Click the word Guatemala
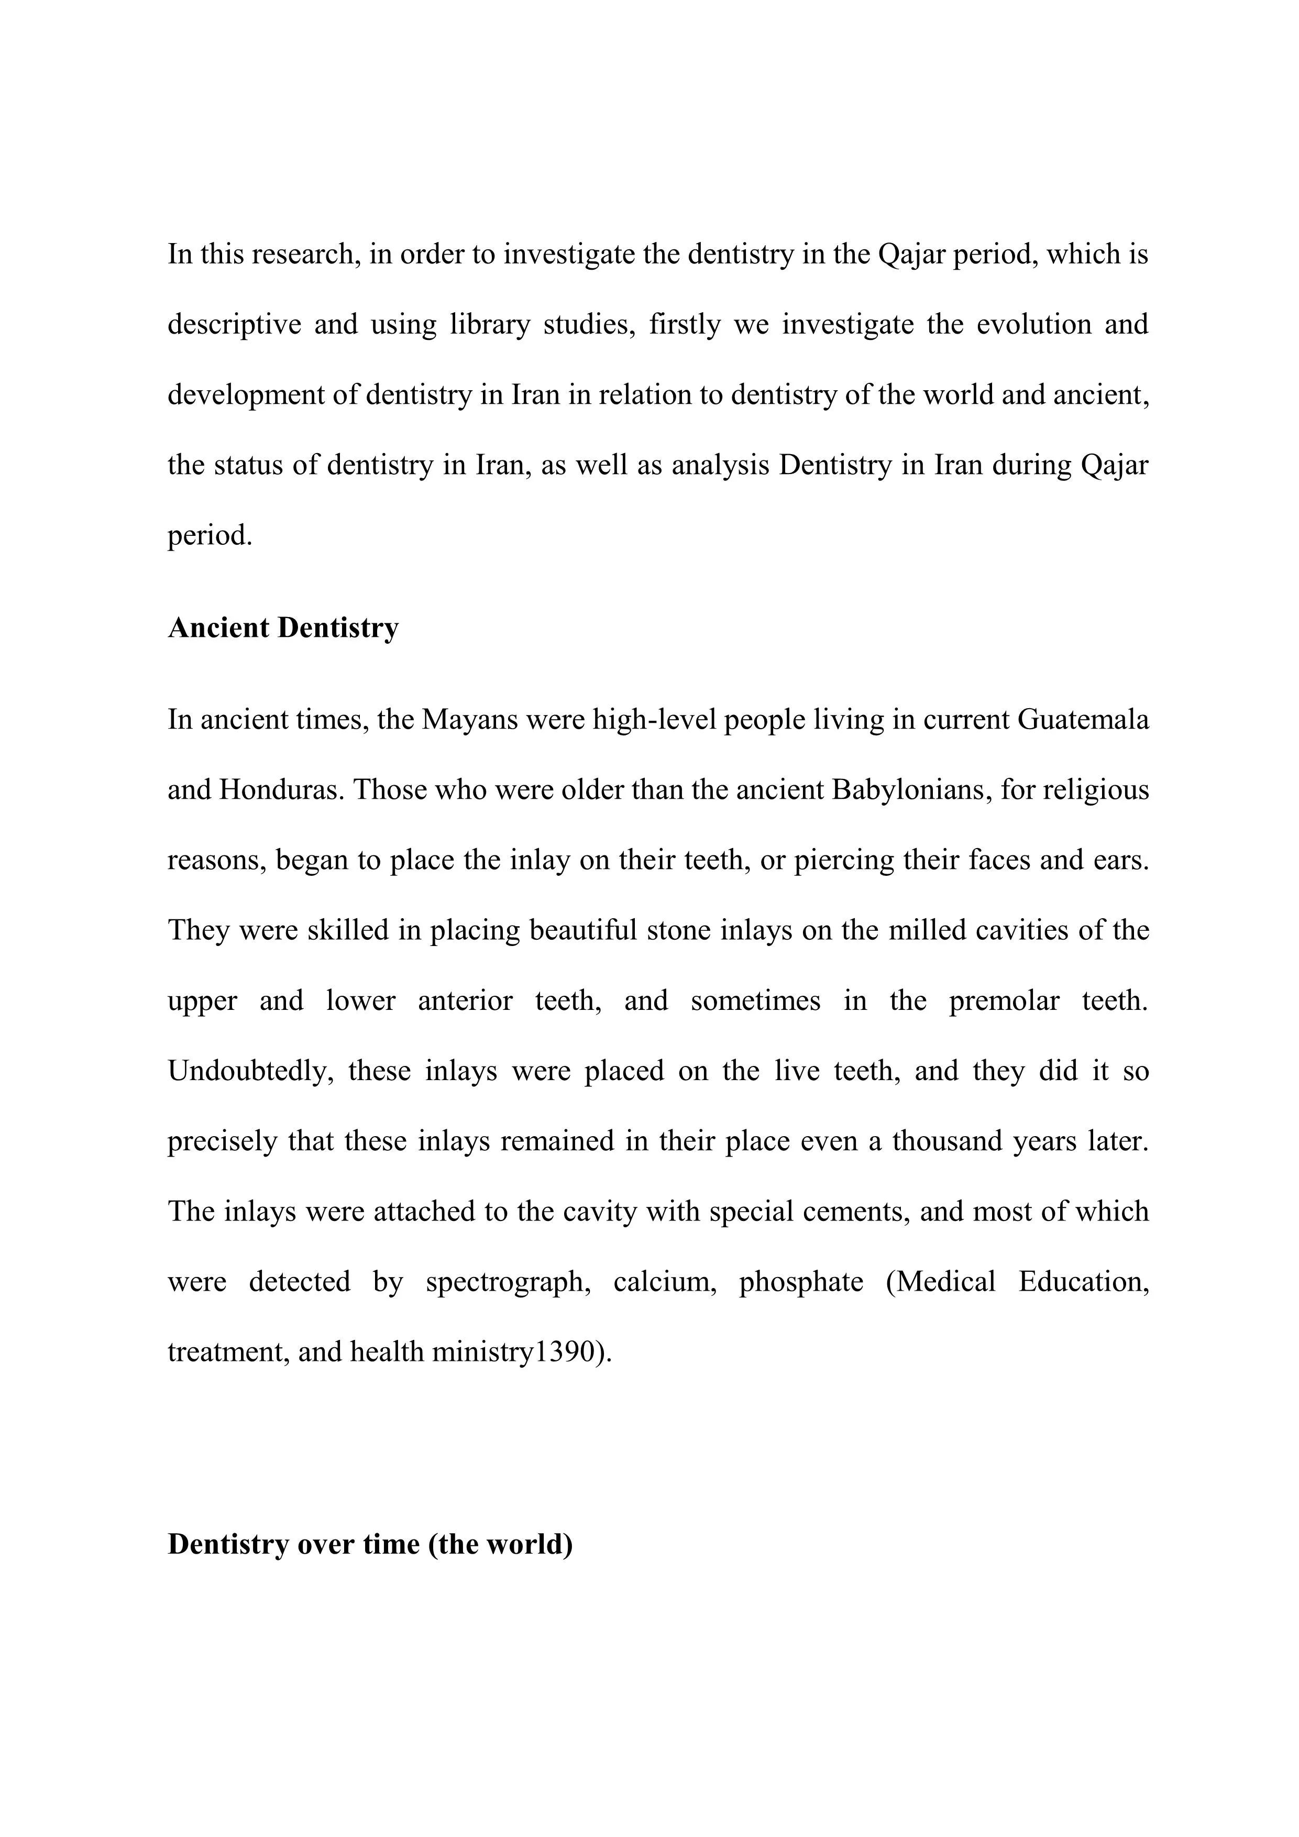[x=1083, y=720]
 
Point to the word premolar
[x=1004, y=1002]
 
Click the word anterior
[x=465, y=1002]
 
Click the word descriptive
[x=234, y=325]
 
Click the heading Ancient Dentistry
[x=283, y=628]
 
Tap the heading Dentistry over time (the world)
[x=370, y=1544]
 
